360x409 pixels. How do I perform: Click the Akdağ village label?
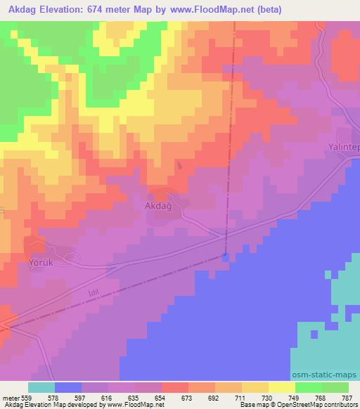coord(157,207)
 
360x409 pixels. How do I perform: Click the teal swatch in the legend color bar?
coord(41,387)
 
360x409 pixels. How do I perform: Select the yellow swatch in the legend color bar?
coord(282,387)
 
